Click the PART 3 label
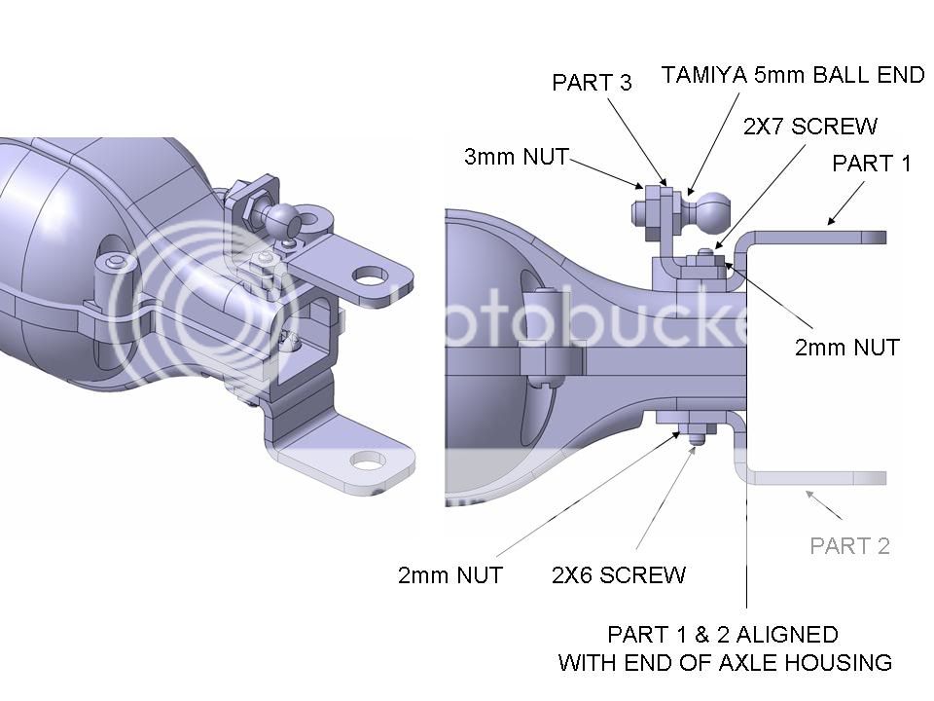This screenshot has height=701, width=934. point(592,83)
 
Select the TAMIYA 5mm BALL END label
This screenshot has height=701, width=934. point(793,75)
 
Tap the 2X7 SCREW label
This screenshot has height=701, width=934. point(809,127)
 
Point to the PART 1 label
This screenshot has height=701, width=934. point(871,164)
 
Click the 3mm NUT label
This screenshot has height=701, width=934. point(516,157)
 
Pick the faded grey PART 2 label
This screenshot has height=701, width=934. point(849,545)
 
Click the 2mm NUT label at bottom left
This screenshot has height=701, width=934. point(449,574)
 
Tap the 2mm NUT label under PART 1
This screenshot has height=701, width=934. point(846,347)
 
